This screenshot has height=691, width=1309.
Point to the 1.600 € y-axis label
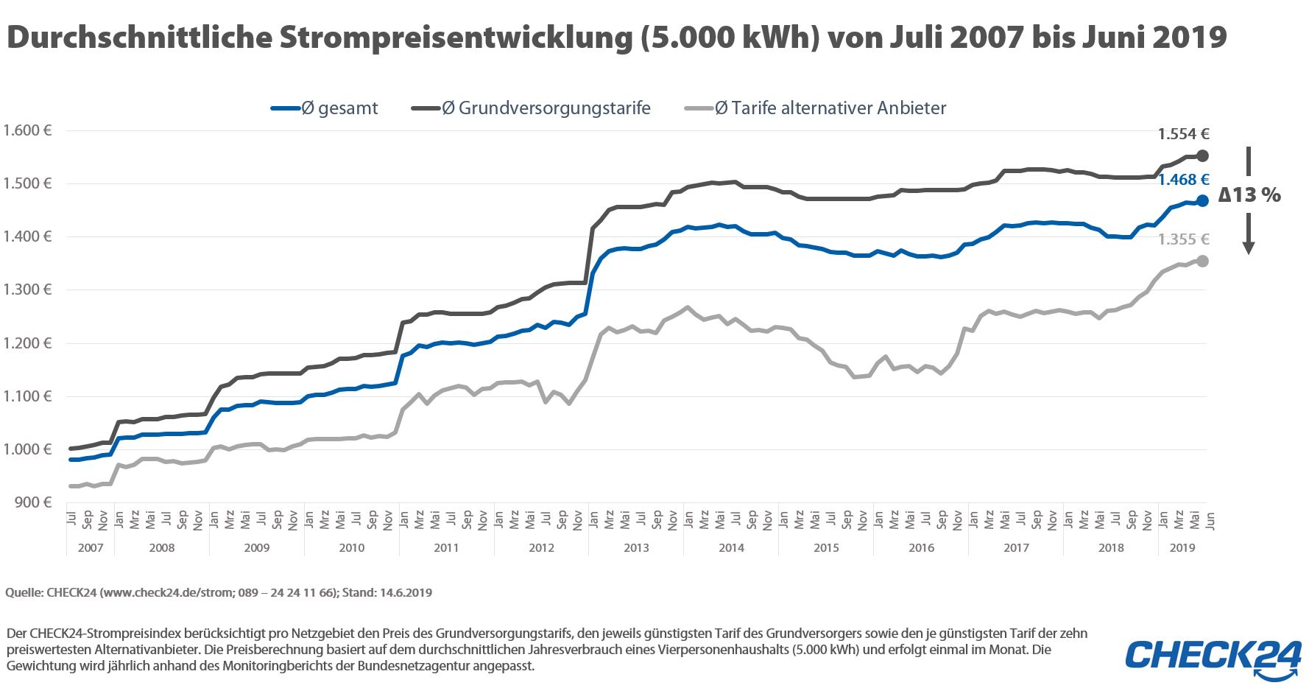(x=27, y=131)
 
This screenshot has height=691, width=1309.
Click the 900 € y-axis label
(x=33, y=502)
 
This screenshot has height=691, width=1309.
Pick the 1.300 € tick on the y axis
(x=27, y=290)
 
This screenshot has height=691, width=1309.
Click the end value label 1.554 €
(x=1183, y=134)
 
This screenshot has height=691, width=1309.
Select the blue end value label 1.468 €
(x=1183, y=180)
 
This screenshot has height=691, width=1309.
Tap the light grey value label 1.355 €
(x=1183, y=239)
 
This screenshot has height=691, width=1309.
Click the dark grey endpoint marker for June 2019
(x=1202, y=155)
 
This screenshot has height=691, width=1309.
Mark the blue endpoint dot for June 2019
(x=1202, y=200)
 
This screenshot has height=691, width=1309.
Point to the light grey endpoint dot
(x=1202, y=261)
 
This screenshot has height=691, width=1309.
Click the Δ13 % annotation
(x=1249, y=195)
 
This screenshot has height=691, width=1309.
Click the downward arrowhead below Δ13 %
(x=1249, y=248)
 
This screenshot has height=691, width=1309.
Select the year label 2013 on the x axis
(x=636, y=548)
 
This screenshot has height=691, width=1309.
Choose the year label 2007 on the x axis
(x=91, y=548)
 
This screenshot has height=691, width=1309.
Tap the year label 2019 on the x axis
(x=1182, y=548)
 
